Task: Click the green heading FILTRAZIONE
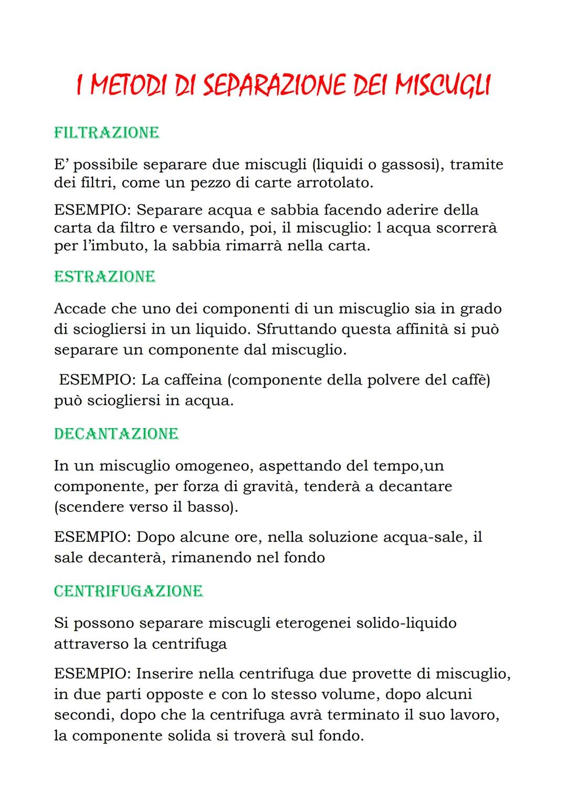[x=107, y=132]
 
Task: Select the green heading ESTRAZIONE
[x=104, y=276]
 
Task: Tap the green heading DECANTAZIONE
[x=116, y=434]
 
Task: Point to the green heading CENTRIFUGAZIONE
[x=128, y=591]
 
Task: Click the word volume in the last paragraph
[x=350, y=694]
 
